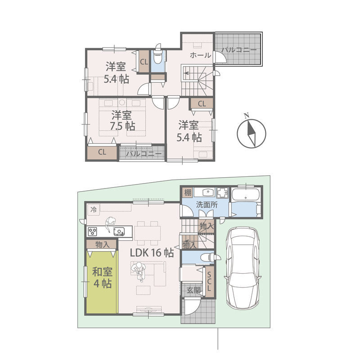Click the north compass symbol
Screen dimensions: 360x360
(252, 133)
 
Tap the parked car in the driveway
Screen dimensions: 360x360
(243, 268)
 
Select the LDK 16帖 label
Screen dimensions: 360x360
(152, 253)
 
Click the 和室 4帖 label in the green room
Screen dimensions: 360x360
(103, 278)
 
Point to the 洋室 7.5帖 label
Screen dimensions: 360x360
(122, 121)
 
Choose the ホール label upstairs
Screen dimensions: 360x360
(200, 55)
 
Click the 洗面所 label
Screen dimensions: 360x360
(207, 205)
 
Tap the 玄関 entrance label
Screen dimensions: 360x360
(193, 290)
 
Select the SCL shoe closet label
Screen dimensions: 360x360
(209, 281)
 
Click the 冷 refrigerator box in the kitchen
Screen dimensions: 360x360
(93, 210)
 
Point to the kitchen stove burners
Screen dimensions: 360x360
(93, 231)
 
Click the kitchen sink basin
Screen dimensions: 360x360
(119, 231)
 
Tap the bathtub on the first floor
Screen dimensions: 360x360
(246, 195)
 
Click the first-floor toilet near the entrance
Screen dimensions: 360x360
(207, 257)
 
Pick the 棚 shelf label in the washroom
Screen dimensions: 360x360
(188, 193)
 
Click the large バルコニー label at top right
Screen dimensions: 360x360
(239, 50)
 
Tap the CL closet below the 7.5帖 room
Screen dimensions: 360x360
(102, 152)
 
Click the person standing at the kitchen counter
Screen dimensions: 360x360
(110, 225)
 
